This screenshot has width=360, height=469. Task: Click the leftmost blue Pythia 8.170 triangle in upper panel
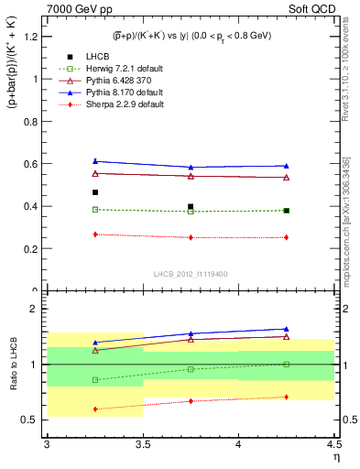(x=94, y=161)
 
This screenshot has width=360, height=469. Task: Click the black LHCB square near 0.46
(x=94, y=192)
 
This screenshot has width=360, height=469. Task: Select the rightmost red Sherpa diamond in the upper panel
(x=286, y=237)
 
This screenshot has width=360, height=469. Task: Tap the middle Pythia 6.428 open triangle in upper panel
(x=191, y=176)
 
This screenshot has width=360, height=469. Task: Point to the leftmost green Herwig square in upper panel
(x=94, y=209)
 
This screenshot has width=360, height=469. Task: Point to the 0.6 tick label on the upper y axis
(x=30, y=164)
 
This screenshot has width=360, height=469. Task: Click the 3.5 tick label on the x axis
(x=142, y=444)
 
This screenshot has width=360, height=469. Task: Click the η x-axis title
(x=335, y=456)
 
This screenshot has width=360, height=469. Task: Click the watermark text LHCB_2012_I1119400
(x=190, y=273)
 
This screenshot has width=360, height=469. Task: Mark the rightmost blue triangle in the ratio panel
(x=286, y=329)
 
